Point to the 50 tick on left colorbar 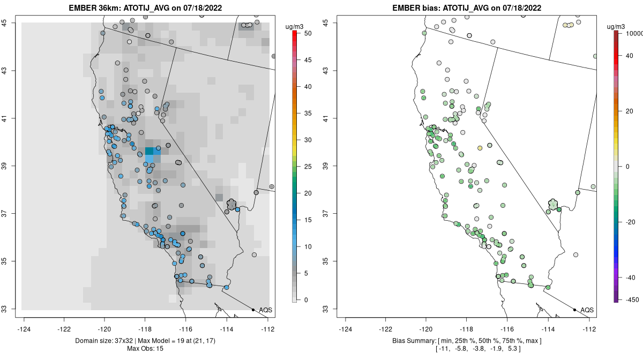[307, 33]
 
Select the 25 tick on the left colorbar [307, 167]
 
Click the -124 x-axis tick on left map [25, 329]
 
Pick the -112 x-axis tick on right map [589, 329]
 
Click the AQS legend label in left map [265, 310]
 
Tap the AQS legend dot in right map [574, 310]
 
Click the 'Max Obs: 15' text [146, 349]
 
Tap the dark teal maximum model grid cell [149, 152]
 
